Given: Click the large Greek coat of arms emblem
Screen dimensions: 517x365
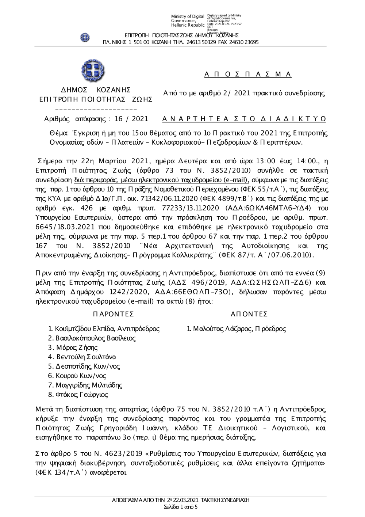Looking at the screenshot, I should [x=93, y=70].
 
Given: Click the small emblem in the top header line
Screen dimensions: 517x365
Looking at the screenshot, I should [x=85, y=37].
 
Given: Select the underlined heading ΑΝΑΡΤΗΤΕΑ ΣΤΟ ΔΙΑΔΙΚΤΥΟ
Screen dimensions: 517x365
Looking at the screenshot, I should [x=244, y=119].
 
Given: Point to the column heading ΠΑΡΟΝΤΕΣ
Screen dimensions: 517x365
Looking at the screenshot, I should [x=114, y=314].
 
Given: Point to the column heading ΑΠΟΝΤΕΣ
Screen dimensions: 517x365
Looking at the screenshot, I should [x=250, y=314].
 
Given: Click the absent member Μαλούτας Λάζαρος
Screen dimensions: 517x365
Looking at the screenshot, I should [x=218, y=329].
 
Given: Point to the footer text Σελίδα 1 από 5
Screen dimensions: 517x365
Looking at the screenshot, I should [x=180, y=507].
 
